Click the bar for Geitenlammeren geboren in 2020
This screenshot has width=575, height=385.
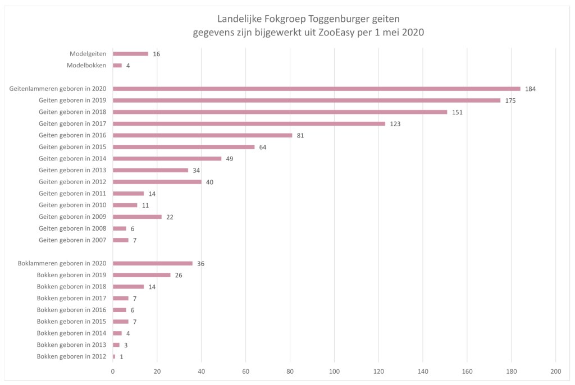tap(316, 89)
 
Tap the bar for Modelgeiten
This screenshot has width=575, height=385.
tap(130, 54)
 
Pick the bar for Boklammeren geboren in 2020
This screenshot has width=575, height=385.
tap(152, 263)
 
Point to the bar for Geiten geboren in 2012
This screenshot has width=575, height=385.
tap(157, 182)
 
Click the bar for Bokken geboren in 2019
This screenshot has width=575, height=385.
tap(142, 275)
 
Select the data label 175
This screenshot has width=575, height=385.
tap(510, 101)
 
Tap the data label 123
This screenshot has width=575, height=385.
tap(396, 124)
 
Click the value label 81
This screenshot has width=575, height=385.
tap(300, 136)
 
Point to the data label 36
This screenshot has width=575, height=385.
tap(200, 264)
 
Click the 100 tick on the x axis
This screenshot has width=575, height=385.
tap(334, 372)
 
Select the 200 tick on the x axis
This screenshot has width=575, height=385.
tap(555, 372)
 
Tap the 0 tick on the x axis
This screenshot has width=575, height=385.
tap(113, 372)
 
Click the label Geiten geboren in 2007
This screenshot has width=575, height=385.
tap(72, 240)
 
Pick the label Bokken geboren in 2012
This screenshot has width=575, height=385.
tap(71, 356)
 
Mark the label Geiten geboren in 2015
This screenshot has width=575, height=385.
tap(72, 147)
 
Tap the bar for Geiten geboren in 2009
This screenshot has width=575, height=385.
tap(137, 217)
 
